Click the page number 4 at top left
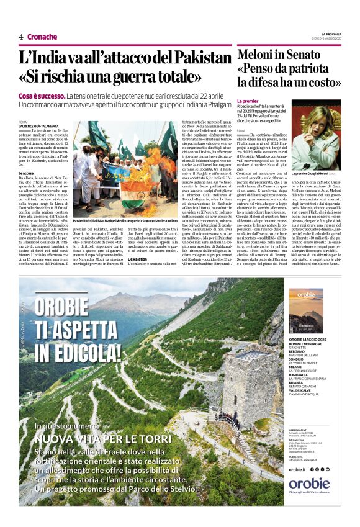point(20,37)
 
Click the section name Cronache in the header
point(42,37)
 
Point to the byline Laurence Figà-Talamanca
point(42,127)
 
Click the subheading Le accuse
point(27,173)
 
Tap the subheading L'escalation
point(138,258)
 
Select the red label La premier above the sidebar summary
point(248,101)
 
